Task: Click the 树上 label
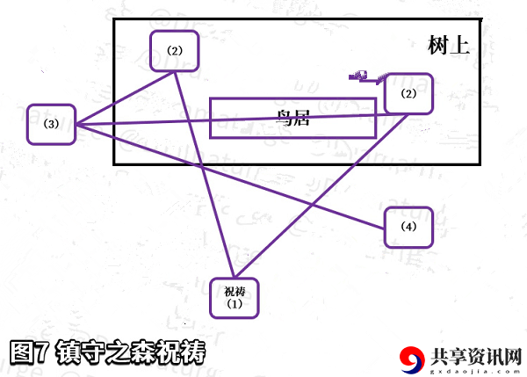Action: pos(449,45)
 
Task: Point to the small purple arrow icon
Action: pos(367,77)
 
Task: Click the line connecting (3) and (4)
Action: pos(230,177)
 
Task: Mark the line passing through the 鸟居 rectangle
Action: pos(242,120)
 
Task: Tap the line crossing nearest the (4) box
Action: pos(312,205)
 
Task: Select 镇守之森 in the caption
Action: pos(106,352)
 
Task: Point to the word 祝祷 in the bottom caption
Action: pos(182,352)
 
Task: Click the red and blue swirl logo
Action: pos(412,359)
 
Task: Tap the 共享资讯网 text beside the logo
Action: pos(476,357)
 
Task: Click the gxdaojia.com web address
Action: pos(475,371)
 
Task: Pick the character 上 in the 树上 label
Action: pos(459,45)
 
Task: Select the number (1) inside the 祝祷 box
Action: pos(235,304)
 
